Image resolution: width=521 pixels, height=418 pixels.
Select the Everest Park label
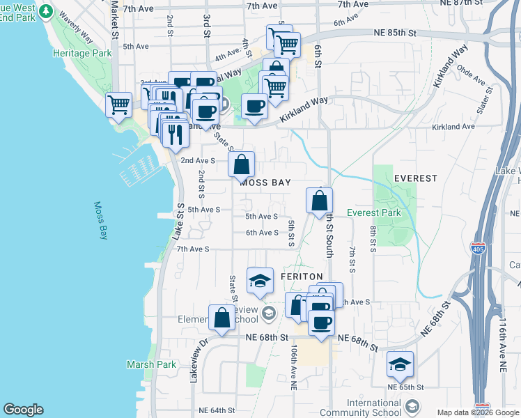373,212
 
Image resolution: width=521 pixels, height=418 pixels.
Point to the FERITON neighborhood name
302,277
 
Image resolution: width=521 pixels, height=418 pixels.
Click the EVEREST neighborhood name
415,178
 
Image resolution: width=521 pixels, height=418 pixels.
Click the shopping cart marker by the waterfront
118,105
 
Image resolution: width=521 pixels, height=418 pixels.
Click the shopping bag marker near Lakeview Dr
221,317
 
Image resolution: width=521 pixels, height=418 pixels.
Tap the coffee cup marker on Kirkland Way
254,106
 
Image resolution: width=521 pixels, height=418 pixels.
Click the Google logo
23,410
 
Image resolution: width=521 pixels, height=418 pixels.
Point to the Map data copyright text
478,412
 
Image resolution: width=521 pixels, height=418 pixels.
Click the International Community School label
374,408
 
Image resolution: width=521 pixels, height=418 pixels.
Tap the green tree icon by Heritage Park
47,12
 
